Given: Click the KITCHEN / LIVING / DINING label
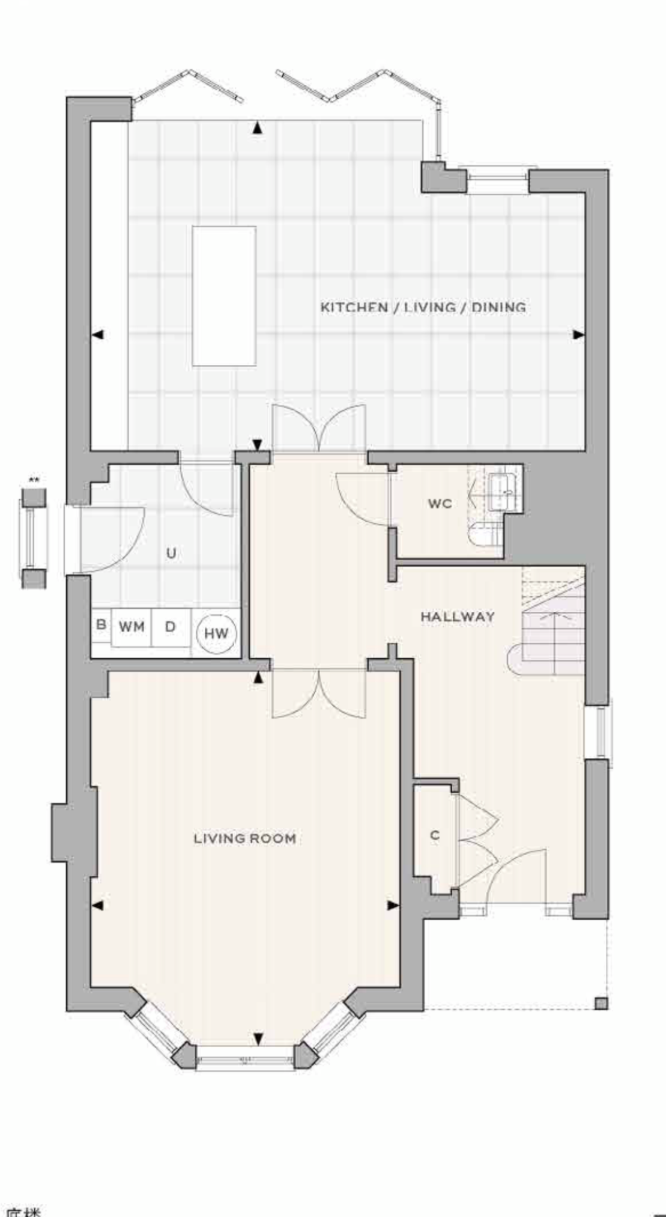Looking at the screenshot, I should pos(423,307).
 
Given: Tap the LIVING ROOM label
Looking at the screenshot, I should pos(244,838).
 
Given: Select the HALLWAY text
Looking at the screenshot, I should pos(458,616).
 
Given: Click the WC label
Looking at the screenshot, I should pos(440,504).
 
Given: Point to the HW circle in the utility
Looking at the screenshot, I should pos(216,633).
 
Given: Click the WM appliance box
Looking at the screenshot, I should pos(132,627).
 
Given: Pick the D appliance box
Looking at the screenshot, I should pos(171,627).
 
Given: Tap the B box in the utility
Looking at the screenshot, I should pos(101,625).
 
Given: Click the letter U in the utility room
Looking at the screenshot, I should pos(171,553).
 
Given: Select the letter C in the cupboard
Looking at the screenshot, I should pos(435,835).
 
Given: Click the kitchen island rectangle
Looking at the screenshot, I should pos(224,296).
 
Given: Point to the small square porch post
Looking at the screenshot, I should pos(601,1003).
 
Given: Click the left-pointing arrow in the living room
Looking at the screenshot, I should pos(97,905).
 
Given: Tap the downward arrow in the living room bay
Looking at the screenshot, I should pos(258,1039).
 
